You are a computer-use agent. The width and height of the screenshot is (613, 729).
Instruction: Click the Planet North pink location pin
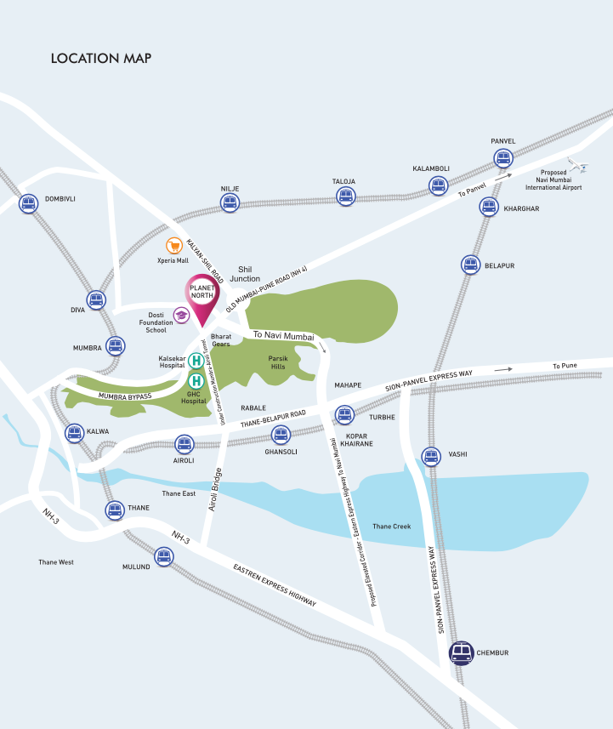(202, 299)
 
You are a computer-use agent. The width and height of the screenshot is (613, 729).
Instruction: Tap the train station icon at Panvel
(502, 158)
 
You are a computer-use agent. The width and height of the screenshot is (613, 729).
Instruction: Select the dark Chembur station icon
(462, 653)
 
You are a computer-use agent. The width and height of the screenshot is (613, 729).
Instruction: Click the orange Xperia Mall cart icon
(175, 246)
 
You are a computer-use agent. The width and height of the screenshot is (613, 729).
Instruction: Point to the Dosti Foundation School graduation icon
(181, 316)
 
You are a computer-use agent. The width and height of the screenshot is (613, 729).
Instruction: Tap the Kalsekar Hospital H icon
(196, 361)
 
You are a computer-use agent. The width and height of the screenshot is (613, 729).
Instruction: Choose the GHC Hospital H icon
(196, 380)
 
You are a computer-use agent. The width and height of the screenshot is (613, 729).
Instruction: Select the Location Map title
(101, 59)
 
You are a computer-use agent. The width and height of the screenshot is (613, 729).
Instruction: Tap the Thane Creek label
(391, 527)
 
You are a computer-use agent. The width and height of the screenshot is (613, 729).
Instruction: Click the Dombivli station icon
(28, 203)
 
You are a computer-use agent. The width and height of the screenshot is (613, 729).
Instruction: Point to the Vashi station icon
(432, 455)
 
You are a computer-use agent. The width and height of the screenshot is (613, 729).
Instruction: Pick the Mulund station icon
(162, 556)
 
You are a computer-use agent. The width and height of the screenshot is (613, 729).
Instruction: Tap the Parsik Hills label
(280, 362)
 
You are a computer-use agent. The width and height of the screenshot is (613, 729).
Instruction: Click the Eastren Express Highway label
(275, 585)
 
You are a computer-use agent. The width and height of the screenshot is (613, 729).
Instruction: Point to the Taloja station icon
(344, 196)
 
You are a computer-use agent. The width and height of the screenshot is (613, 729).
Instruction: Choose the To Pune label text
(565, 366)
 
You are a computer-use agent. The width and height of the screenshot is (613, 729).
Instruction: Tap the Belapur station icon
(470, 265)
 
